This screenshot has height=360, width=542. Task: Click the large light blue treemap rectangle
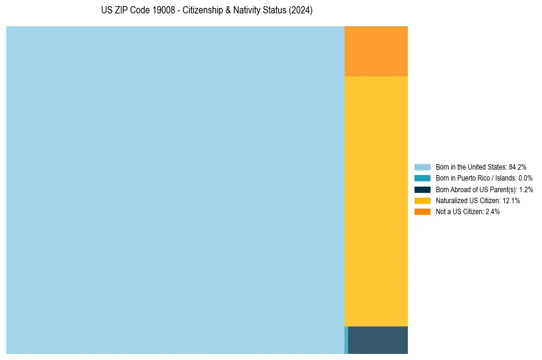click(175, 190)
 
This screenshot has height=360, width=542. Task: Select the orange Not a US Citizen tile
click(376, 51)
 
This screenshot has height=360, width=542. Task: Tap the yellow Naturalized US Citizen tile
click(376, 201)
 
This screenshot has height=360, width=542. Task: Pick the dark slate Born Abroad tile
click(378, 340)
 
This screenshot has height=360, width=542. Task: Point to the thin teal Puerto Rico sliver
click(346, 340)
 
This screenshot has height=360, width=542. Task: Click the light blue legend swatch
click(423, 167)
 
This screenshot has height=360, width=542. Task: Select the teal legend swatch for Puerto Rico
click(423, 178)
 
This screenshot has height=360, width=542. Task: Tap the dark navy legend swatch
click(423, 189)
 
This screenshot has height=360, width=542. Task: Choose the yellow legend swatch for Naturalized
click(423, 200)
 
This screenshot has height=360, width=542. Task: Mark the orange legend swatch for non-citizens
click(423, 211)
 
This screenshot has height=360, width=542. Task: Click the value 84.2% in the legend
click(517, 167)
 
